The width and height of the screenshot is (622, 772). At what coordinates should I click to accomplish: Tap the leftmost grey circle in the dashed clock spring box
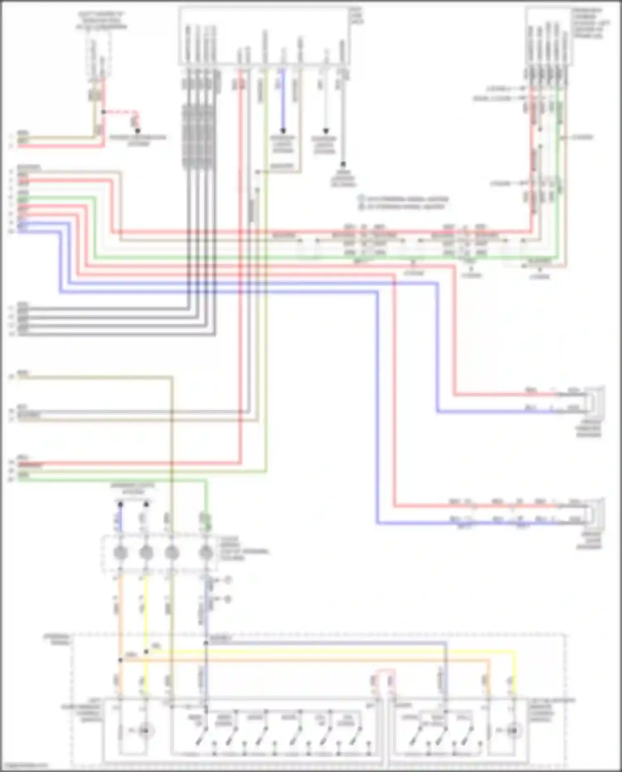pos(120,553)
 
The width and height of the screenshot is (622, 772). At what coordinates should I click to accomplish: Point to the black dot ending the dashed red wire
pos(138,131)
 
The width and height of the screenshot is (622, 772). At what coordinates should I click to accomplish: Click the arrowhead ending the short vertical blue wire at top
pos(283,131)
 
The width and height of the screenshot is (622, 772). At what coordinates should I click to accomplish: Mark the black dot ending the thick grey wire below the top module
pos(343,165)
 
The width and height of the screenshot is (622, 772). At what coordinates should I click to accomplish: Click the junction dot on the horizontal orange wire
pos(120,660)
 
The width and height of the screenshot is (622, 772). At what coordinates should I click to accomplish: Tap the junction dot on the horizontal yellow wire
pos(146,652)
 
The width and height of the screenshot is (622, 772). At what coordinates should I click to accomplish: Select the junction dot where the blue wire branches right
pos(206,643)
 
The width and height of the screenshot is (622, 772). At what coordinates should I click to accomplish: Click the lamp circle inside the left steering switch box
pos(144,730)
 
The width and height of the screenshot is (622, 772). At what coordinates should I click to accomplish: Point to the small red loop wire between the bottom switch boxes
pos(384,674)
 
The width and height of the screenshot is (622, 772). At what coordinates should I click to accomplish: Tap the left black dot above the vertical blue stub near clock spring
pos(120,504)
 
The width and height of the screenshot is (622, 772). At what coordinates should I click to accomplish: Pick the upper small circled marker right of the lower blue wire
pos(228,580)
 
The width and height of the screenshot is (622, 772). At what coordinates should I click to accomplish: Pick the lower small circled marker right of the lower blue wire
pos(228,599)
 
